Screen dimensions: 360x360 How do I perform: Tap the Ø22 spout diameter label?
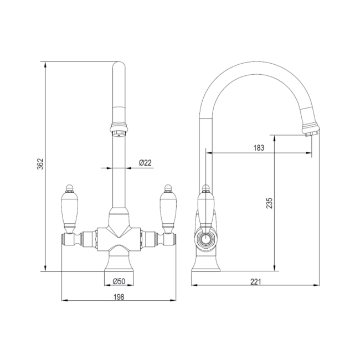click(x=145, y=162)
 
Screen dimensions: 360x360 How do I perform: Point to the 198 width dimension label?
click(x=119, y=297)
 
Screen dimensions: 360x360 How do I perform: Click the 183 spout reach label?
click(x=258, y=148)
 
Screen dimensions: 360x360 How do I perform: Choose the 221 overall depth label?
click(x=255, y=282)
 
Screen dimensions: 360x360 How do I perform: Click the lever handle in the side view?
click(x=205, y=208)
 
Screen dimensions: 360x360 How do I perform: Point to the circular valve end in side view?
click(x=206, y=239)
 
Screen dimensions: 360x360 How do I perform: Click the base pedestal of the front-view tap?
click(x=119, y=263)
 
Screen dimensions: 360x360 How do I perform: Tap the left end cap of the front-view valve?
click(x=65, y=240)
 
